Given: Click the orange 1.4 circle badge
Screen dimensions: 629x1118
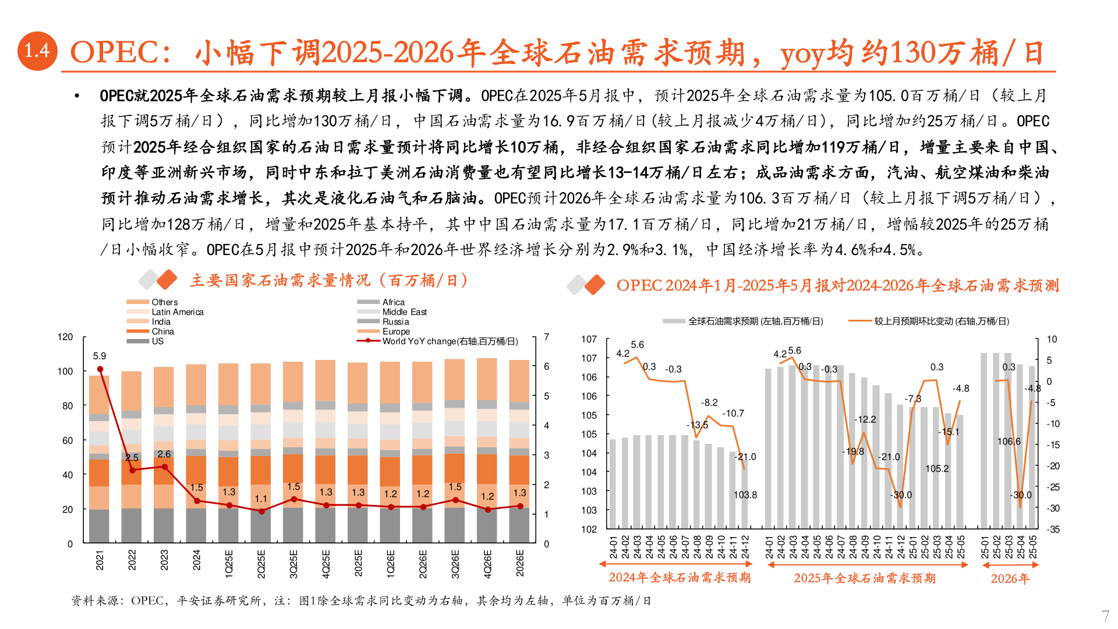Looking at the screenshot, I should (37, 51).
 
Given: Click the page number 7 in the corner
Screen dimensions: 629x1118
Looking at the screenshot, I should (1105, 616).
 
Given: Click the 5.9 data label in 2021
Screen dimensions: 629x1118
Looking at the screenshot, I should (100, 356).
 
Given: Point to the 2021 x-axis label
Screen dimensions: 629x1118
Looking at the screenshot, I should (100, 560).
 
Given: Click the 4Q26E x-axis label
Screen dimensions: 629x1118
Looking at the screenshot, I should (487, 563).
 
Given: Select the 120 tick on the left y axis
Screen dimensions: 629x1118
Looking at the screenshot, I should (65, 337).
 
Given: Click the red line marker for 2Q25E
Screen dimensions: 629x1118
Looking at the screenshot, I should (261, 511).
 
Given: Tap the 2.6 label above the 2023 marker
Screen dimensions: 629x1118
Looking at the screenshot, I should (164, 454).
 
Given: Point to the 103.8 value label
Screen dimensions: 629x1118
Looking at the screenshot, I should (745, 495).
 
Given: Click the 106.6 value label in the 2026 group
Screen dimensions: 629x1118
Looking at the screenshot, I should (1009, 441).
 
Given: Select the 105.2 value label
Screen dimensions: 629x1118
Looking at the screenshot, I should (937, 469).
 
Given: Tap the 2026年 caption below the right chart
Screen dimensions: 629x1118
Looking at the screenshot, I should (1010, 578).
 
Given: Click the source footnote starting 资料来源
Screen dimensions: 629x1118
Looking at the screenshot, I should (361, 600).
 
